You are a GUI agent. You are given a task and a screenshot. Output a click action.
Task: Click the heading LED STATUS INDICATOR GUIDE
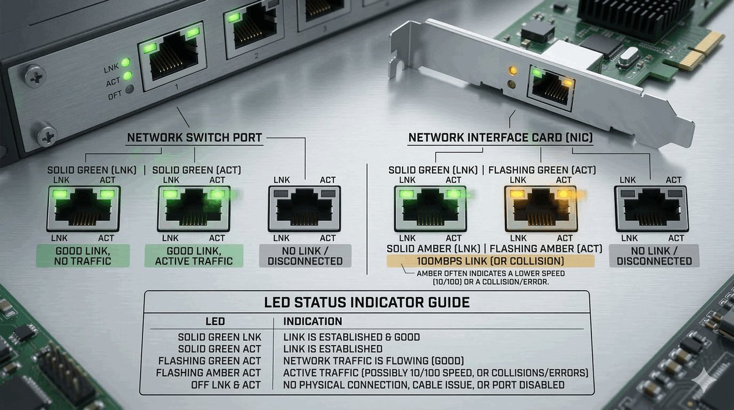[367, 302]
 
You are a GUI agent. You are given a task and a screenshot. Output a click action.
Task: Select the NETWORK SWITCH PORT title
[194, 138]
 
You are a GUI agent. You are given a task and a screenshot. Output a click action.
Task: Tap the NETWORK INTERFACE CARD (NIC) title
[500, 138]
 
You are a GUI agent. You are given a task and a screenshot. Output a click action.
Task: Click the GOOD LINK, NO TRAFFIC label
[83, 256]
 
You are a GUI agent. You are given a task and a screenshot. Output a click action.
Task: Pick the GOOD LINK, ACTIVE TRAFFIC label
[193, 256]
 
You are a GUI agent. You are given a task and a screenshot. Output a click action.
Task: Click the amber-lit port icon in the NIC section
[541, 208]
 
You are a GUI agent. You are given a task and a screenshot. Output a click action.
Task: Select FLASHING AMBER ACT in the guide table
[209, 372]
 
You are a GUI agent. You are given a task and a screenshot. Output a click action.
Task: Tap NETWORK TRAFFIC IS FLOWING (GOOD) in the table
[373, 360]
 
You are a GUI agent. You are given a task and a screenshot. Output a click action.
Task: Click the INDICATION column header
[313, 321]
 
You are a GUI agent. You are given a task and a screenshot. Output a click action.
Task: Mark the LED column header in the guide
[215, 321]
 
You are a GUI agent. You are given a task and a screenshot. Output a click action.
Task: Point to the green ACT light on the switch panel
[128, 76]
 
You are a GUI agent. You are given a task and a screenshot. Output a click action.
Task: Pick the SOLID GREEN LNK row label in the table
[219, 337]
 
